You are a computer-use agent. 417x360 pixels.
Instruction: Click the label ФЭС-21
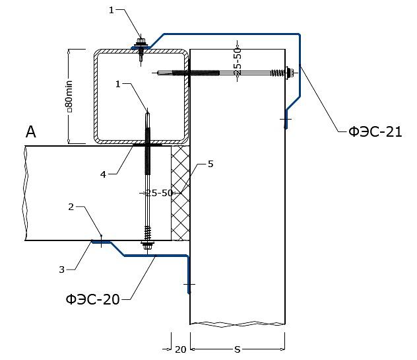point(375,131)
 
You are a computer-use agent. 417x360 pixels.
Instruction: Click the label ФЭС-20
point(92,299)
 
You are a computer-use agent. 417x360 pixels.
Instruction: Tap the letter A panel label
point(30,131)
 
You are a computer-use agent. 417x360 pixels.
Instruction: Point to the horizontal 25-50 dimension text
point(160,193)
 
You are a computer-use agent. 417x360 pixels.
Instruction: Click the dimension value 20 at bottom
point(180,349)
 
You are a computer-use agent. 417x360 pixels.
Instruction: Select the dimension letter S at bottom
point(238,349)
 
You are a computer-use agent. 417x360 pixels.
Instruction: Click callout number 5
point(210,164)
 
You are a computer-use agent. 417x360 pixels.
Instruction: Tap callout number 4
point(103,174)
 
